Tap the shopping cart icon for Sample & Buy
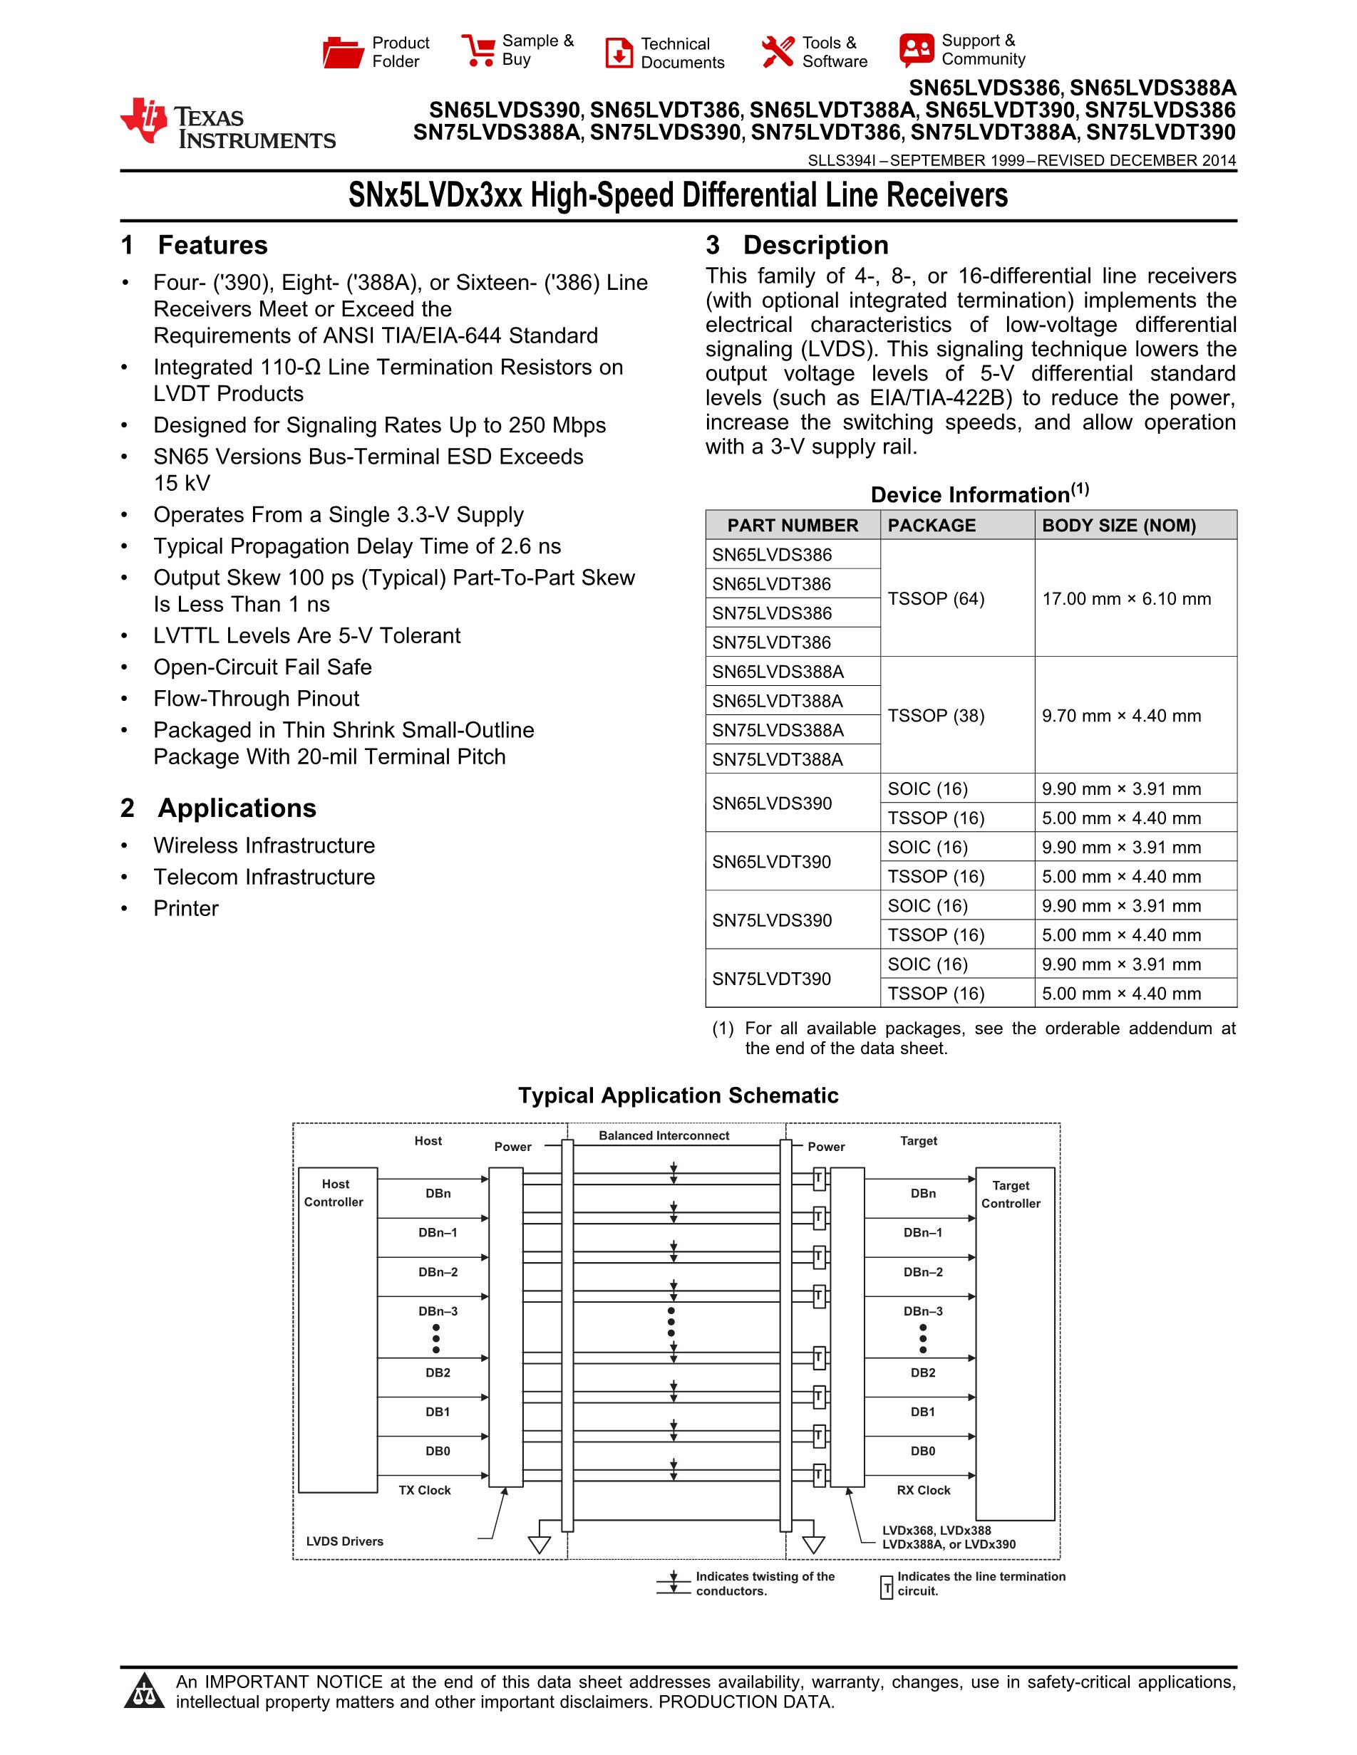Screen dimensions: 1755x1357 [x=478, y=50]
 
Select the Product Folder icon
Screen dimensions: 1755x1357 [x=343, y=52]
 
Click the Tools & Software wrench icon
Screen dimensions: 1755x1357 [x=778, y=52]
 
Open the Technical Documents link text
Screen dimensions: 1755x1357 [x=682, y=53]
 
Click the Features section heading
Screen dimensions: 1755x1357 [x=212, y=245]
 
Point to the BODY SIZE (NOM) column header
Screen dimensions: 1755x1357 [x=1118, y=526]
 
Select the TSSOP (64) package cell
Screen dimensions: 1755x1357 [x=936, y=599]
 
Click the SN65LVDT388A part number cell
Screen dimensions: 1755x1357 [x=778, y=701]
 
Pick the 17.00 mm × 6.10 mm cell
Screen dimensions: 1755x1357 [x=1126, y=599]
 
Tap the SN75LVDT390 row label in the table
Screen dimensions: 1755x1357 [x=772, y=979]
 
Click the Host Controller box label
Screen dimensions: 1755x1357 [x=334, y=1192]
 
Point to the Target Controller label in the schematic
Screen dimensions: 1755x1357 [x=1011, y=1194]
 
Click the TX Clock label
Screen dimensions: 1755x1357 [x=425, y=1490]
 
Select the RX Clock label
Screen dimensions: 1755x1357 [x=923, y=1490]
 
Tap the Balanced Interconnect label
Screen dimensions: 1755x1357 [x=664, y=1135]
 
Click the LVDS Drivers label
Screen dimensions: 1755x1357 [x=344, y=1541]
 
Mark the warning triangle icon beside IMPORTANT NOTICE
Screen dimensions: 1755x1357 [x=145, y=1691]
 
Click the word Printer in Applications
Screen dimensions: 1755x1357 [x=186, y=908]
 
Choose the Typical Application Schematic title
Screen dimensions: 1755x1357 [x=678, y=1095]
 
